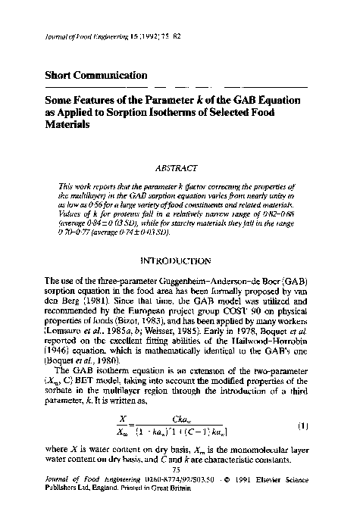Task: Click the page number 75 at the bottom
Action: tap(179, 491)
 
